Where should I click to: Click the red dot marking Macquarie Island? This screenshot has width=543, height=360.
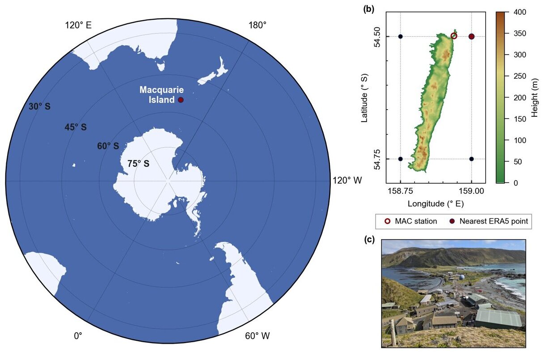pos(181,100)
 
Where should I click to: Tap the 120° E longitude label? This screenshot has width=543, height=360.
pos(79,25)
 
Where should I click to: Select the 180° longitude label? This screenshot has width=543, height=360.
pos(257,25)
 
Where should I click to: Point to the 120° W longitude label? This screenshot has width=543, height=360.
pos(347,181)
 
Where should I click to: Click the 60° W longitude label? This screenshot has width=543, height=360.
pos(257,336)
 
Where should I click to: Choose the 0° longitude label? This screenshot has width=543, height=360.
pos(78,336)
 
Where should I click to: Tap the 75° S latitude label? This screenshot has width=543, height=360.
pos(139,164)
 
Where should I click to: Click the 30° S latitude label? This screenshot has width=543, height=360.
pos(39,107)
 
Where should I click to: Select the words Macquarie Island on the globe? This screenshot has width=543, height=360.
pos(161,95)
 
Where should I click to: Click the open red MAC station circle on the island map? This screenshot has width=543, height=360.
pos(454,36)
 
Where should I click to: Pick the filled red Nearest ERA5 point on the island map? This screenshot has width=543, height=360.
pos(471,36)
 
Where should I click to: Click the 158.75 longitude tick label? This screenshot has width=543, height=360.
pos(400,191)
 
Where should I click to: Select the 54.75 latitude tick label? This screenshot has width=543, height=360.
pos(377,159)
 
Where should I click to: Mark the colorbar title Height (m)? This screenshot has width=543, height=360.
pos(535,97)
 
